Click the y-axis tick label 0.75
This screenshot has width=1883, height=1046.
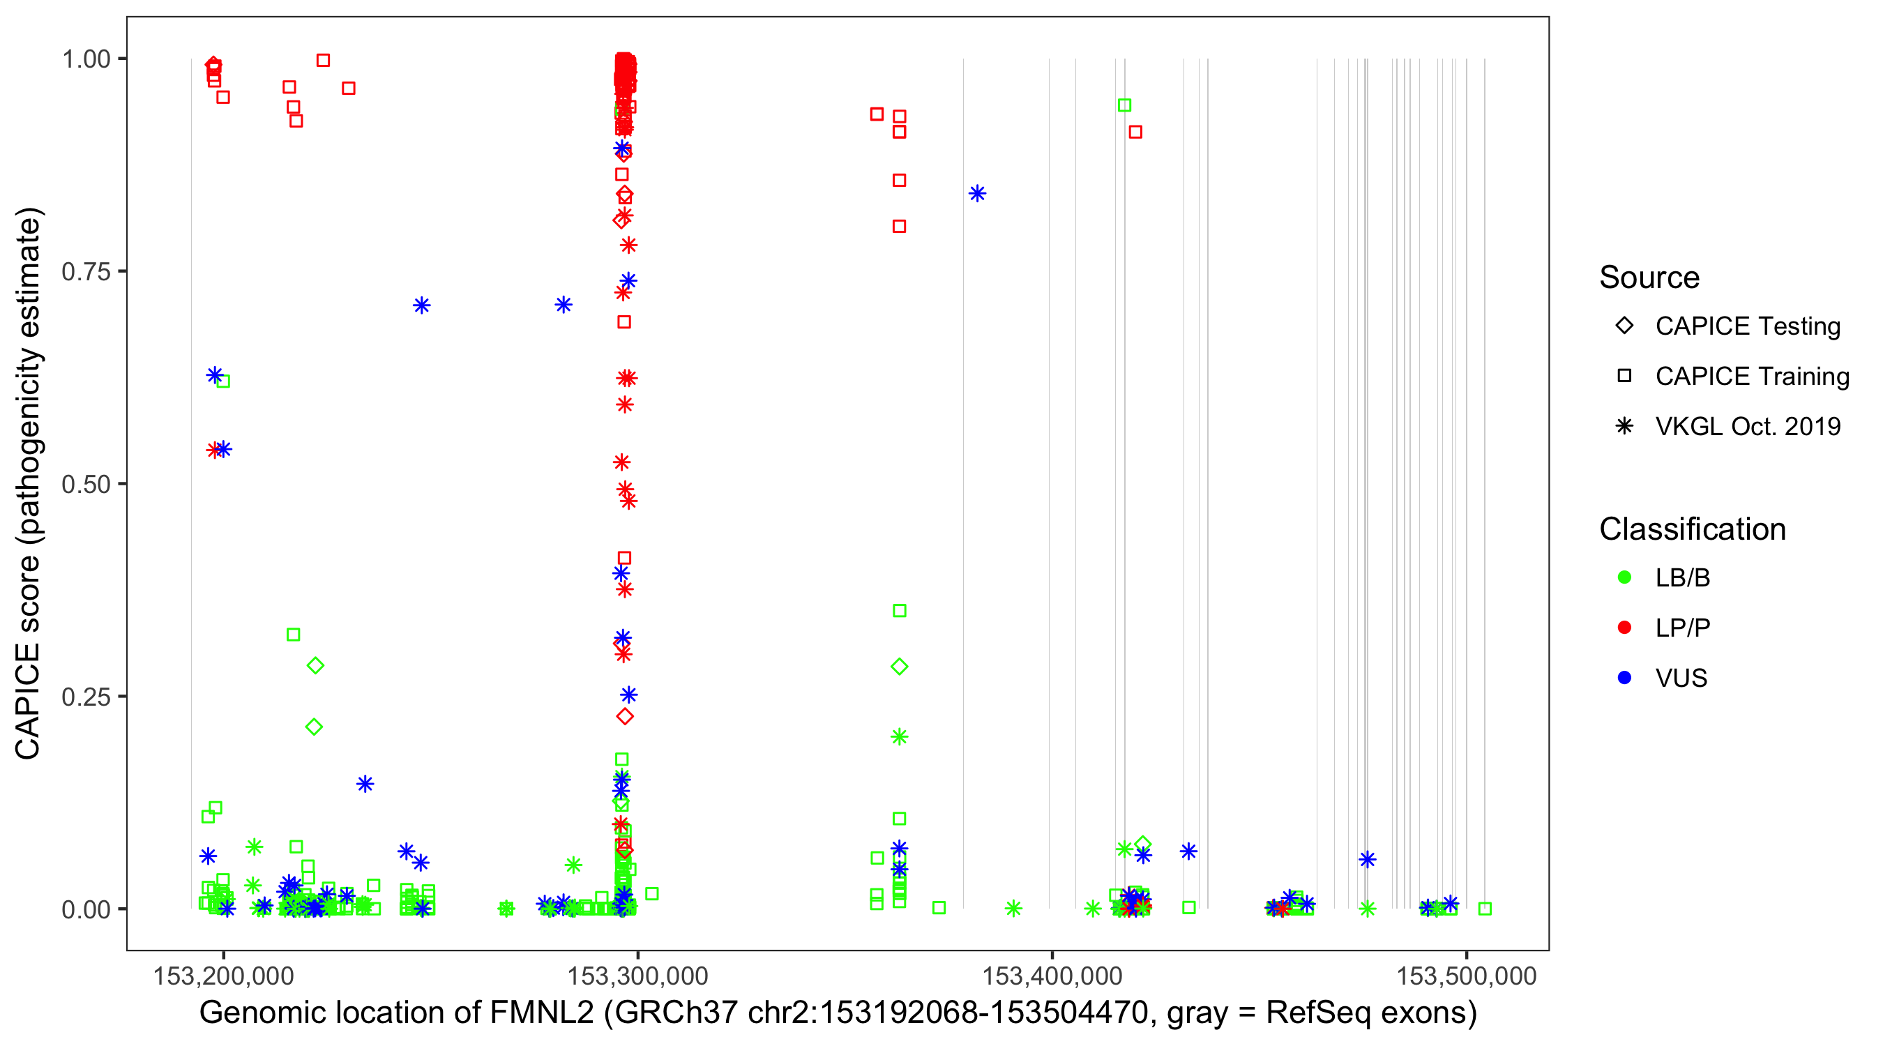click(x=85, y=272)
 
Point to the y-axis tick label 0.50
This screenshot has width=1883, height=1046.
click(x=85, y=484)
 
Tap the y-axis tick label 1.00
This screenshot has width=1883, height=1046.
click(x=85, y=59)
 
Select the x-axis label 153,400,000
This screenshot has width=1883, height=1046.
click(x=1051, y=976)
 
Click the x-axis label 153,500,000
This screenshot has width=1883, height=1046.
click(x=1467, y=976)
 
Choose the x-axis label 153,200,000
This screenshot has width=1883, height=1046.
click(x=223, y=976)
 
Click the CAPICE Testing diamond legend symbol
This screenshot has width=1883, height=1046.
click(x=1624, y=326)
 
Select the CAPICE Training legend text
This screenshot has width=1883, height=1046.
click(x=1751, y=377)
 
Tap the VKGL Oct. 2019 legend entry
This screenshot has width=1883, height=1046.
click(x=1747, y=427)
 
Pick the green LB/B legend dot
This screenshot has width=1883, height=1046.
click(x=1624, y=577)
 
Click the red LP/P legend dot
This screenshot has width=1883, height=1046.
click(x=1624, y=628)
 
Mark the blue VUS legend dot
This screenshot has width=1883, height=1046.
click(x=1624, y=678)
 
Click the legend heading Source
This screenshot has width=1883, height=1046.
click(x=1649, y=278)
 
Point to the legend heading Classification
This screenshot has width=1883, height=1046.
click(x=1691, y=529)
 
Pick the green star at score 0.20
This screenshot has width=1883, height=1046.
click(x=899, y=737)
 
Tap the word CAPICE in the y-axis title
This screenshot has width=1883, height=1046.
click(x=28, y=700)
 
